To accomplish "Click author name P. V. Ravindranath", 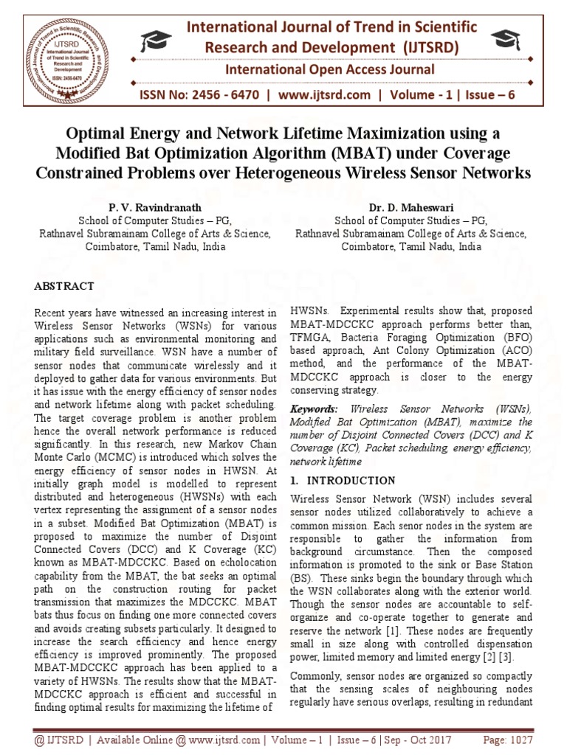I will [x=154, y=207].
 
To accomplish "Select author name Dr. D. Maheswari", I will [x=410, y=207].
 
